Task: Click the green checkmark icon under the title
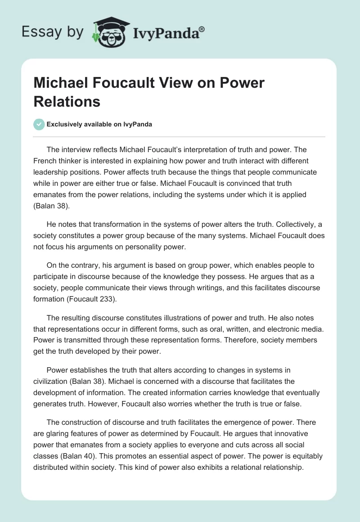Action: [39, 124]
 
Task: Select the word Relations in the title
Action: [67, 101]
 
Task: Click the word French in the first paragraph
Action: [47, 161]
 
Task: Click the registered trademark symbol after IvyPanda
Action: [202, 28]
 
